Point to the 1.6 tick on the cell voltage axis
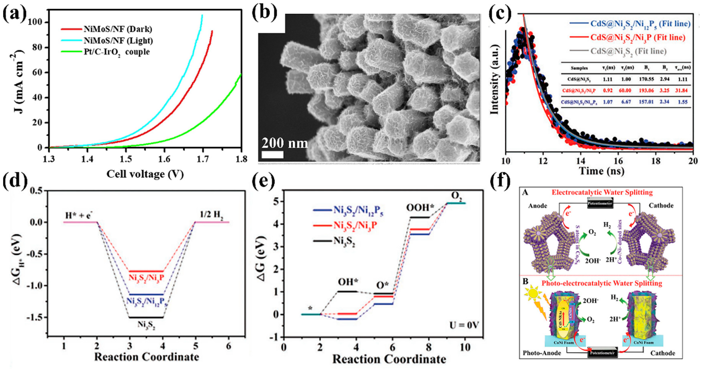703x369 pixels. click(164, 159)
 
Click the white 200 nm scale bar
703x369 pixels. click(272, 155)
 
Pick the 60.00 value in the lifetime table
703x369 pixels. click(625, 90)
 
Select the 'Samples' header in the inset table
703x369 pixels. click(579, 68)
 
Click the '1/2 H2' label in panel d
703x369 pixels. click(211, 215)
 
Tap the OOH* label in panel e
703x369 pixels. click(420, 208)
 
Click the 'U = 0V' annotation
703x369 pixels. click(464, 325)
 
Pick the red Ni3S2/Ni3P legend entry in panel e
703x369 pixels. click(355, 225)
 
